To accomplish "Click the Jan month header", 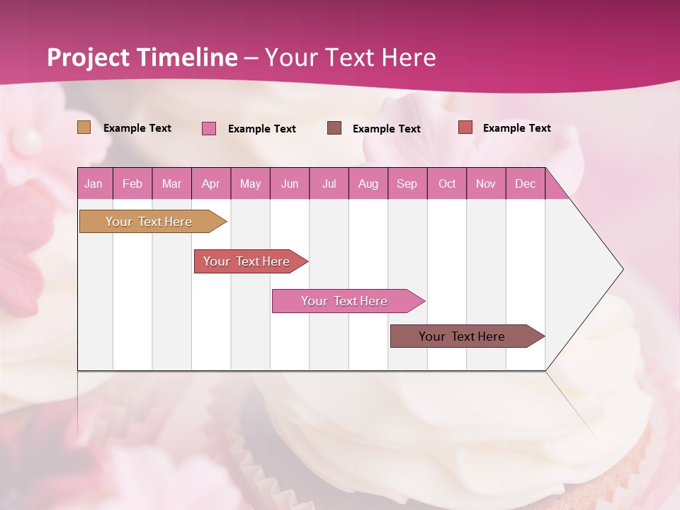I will pos(93,183).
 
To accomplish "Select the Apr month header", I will pos(210,183).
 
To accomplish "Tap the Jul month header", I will pos(329,183).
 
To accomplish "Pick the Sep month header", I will pos(407,183).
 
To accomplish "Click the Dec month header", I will pos(525,183).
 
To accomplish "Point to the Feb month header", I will pos(132,183).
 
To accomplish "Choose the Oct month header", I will pos(447,183).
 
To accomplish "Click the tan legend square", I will pos(84,127).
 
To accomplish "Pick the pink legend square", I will pos(209,128).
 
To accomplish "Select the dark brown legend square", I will pos(334,127).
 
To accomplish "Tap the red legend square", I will pos(465,127).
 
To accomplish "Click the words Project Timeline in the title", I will pos(142,57).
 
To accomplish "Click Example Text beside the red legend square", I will pos(516,128).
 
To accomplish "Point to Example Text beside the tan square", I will pos(137,128).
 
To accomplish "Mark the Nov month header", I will pos(486,183).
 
